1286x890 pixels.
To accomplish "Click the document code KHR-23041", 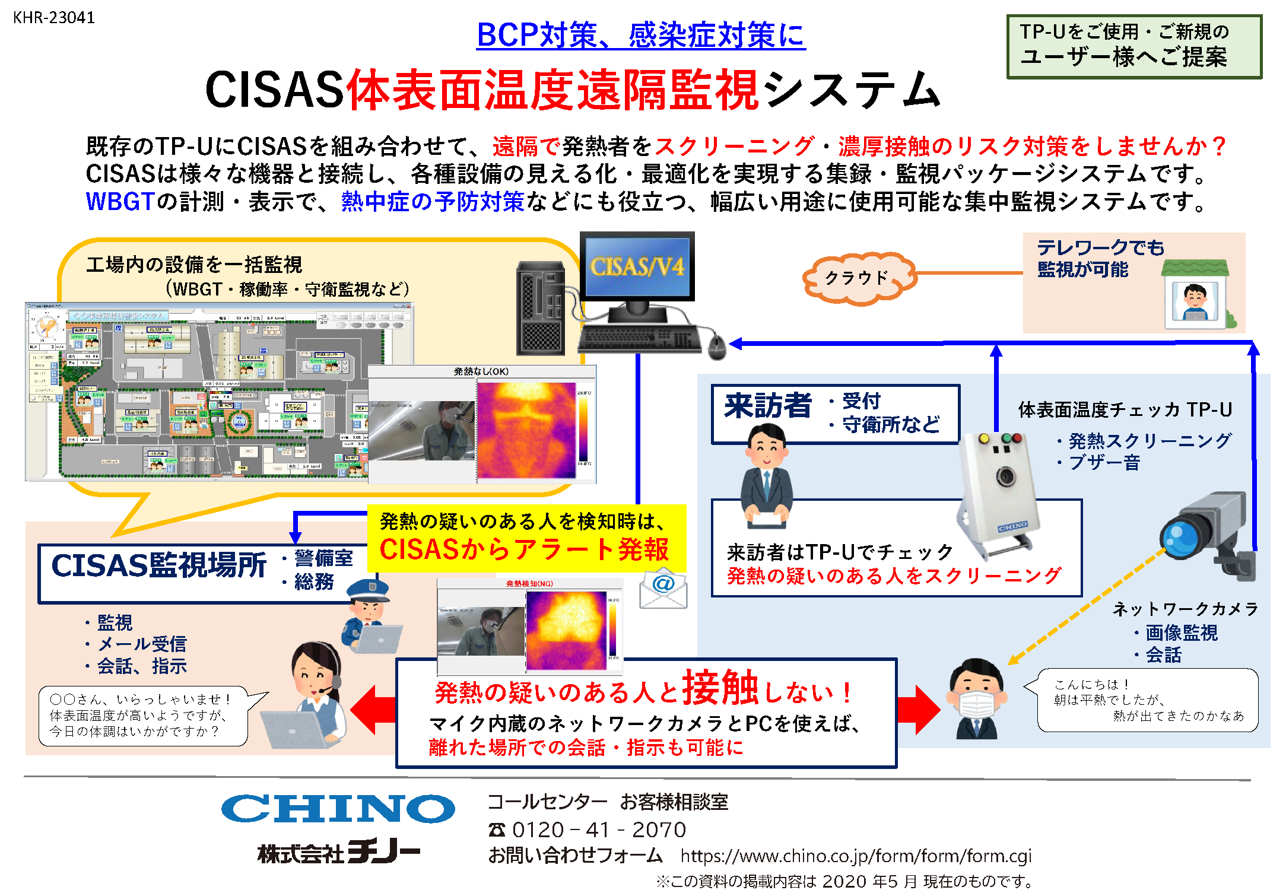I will pos(54,18).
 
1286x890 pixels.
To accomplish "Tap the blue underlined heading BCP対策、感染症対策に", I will pos(640,35).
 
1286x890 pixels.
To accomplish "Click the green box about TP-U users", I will pos(1133,46).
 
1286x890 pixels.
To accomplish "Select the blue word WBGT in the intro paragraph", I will pos(120,202).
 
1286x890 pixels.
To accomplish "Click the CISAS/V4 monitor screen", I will pos(637,266).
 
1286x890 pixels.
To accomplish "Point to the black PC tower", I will pos(541,309).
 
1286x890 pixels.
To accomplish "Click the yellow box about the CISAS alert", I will pos(526,538).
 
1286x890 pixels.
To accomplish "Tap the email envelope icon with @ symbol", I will pos(663,588).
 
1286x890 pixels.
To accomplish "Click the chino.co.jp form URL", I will pos(855,856).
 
